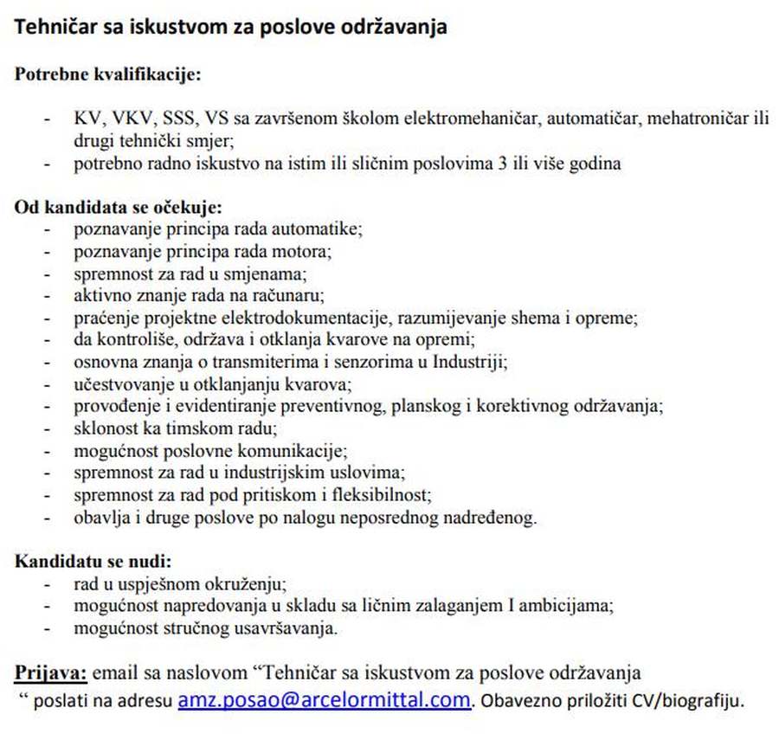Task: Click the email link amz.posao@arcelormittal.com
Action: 324,699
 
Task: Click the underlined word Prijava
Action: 50,673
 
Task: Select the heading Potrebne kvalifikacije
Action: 107,74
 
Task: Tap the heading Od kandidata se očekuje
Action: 119,208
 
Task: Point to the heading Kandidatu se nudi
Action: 93,561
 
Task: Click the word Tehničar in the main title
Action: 53,27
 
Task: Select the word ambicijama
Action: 567,606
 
